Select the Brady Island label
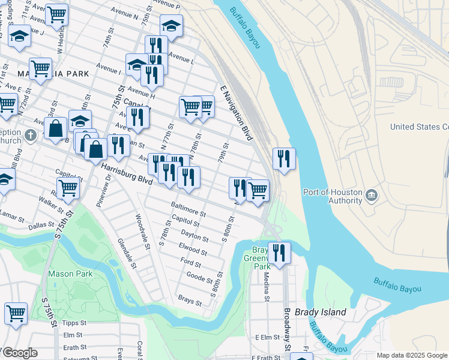pos(324,312)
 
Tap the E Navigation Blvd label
pos(237,112)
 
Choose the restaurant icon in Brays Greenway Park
pos(279,252)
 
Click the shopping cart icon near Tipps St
pos(16,313)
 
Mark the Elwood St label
pos(193,247)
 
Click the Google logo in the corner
pos(19,353)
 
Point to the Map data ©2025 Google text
pos(412,356)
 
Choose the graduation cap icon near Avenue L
pos(171,26)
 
